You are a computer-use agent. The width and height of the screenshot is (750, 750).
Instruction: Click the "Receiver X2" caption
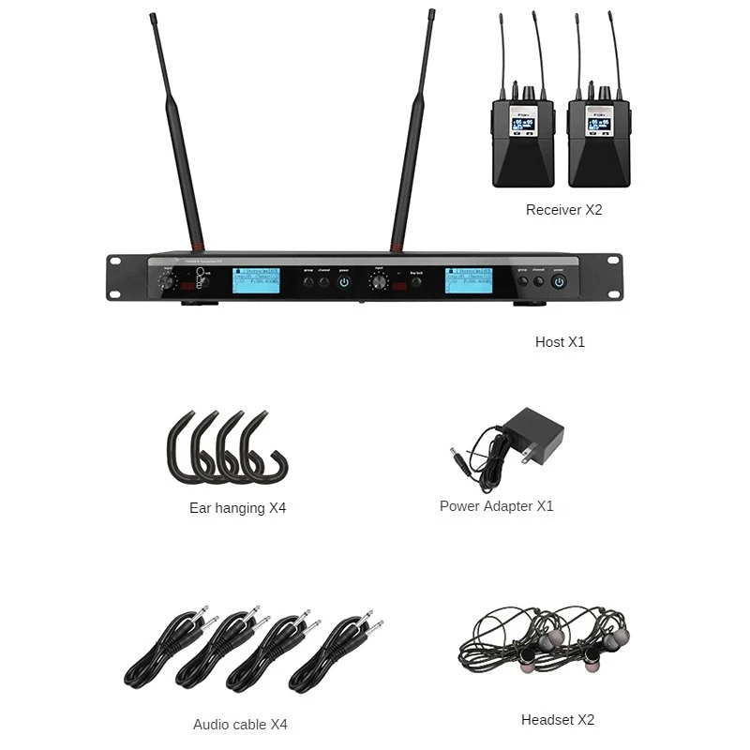click(563, 210)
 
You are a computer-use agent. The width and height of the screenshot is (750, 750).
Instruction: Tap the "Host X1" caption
click(560, 342)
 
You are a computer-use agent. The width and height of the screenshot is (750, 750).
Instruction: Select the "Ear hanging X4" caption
click(237, 508)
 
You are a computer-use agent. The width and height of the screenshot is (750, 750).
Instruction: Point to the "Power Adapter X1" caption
click(496, 506)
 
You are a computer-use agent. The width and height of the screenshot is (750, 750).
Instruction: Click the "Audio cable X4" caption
click(240, 724)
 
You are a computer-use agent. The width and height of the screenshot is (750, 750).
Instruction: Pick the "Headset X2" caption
click(558, 720)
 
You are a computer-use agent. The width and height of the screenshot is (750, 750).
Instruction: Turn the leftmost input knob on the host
click(168, 278)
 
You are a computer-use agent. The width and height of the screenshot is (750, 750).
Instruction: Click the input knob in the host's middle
click(379, 280)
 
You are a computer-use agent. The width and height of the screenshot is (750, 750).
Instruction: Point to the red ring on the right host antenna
click(398, 248)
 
